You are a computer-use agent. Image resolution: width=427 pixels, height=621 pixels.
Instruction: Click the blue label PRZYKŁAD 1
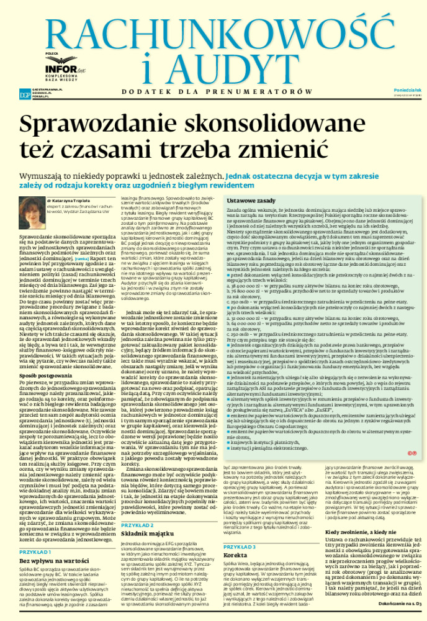coord(35,551)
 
